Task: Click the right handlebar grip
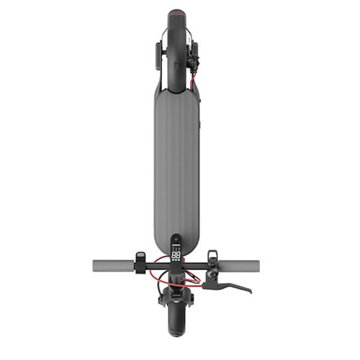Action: click(x=240, y=266)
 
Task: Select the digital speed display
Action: click(x=176, y=253)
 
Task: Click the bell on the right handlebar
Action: click(x=212, y=256)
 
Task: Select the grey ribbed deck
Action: click(x=176, y=166)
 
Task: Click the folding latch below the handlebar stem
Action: click(x=176, y=284)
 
